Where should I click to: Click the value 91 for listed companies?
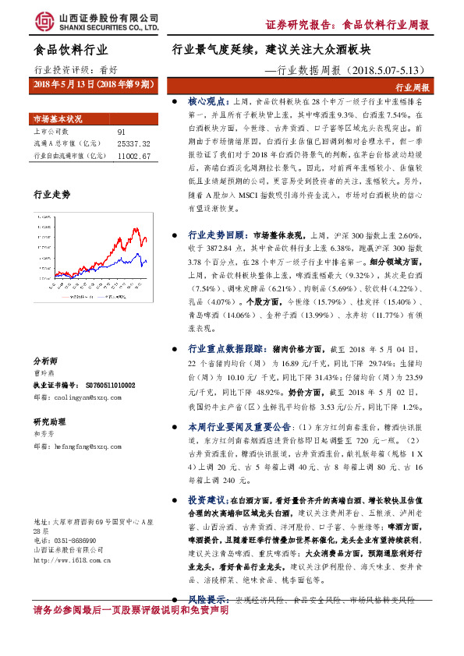pyautogui.click(x=120, y=132)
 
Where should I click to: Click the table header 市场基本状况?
pyautogui.click(x=57, y=119)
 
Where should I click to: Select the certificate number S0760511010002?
pyautogui.click(x=105, y=385)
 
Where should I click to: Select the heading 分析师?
pyautogui.click(x=46, y=362)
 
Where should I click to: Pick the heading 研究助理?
pyautogui.click(x=49, y=421)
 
